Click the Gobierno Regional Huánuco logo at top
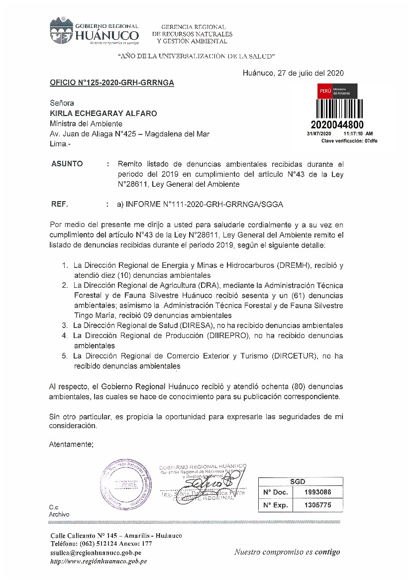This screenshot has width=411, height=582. tap(94, 33)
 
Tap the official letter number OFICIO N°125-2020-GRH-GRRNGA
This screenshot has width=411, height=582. tap(112, 83)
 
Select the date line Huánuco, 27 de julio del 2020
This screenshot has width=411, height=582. tap(293, 73)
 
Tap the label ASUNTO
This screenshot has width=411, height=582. tap(67, 164)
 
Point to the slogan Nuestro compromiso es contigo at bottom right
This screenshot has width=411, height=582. tap(287, 552)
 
